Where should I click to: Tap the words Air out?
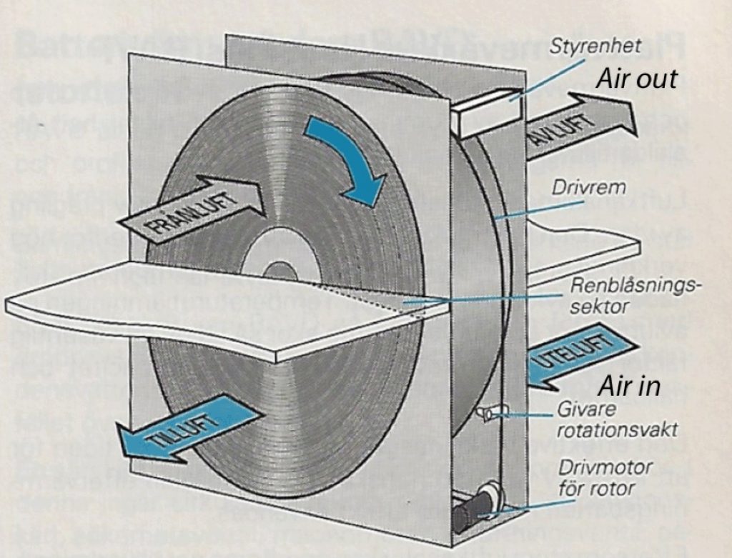tap(636, 78)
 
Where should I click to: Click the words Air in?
tap(628, 387)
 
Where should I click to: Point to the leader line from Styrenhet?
tap(550, 73)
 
